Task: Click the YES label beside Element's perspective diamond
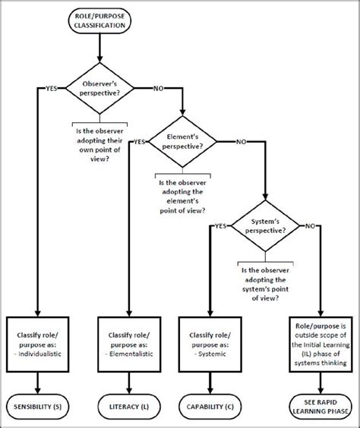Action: tap(139, 141)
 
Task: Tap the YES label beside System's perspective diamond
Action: tap(219, 226)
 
